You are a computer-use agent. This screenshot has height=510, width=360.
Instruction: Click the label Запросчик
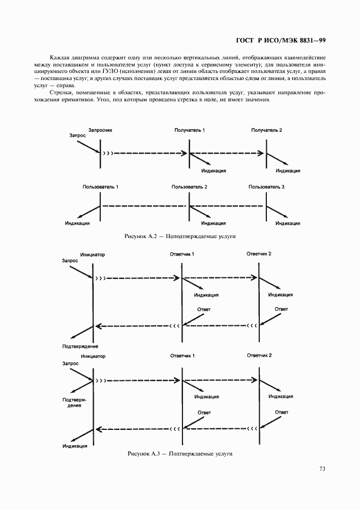click(100, 130)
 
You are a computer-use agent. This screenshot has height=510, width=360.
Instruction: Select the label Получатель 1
click(190, 130)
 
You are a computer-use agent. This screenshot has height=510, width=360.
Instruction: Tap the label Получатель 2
click(266, 130)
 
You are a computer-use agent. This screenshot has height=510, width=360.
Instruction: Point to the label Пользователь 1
click(100, 187)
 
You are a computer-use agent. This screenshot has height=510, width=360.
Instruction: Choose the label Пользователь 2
click(190, 187)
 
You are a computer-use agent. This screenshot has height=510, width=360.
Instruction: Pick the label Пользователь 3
click(266, 187)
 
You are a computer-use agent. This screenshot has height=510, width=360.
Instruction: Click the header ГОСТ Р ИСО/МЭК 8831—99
click(280, 40)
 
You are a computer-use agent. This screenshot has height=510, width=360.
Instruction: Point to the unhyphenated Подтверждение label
click(80, 347)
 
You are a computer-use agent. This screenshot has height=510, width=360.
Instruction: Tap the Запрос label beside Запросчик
click(78, 136)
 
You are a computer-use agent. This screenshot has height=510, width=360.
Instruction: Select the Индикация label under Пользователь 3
click(288, 223)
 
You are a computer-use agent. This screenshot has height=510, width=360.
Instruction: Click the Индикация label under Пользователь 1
click(77, 223)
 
